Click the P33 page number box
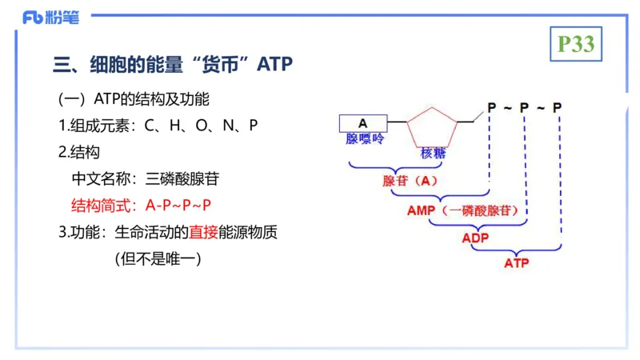(x=576, y=44)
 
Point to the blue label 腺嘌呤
(x=365, y=139)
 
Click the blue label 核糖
(x=433, y=153)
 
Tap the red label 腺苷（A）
(x=410, y=181)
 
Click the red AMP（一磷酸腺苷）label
(x=467, y=210)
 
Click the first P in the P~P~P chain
(x=491, y=107)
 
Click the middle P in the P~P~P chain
(x=524, y=107)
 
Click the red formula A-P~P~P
(x=178, y=206)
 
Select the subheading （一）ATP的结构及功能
(x=134, y=99)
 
